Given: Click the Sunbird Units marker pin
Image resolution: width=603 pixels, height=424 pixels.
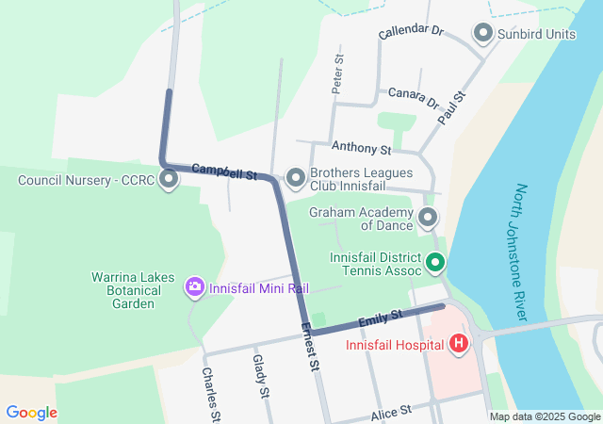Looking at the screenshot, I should point(483,34).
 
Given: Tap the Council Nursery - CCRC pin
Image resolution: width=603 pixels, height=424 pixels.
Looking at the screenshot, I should point(170,178).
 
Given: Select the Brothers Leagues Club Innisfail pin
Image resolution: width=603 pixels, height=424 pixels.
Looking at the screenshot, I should point(295,177).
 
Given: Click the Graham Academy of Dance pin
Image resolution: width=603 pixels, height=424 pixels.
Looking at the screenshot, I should point(428,219).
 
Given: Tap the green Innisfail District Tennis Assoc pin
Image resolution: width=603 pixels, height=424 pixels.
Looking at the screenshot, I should point(435,263).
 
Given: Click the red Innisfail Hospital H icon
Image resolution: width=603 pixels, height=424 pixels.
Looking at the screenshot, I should point(459,344).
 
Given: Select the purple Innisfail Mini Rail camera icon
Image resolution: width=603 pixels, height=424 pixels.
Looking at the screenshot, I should point(195,286).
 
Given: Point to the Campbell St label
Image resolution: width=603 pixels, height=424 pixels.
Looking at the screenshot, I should point(225,171).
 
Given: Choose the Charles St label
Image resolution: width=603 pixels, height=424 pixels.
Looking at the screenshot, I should point(210,394).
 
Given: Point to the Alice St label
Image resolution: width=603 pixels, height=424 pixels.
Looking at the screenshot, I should point(392,412).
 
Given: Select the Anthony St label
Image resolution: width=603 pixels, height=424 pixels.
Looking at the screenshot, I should point(361,148).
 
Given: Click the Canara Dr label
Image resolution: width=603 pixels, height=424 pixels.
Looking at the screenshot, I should point(414,97).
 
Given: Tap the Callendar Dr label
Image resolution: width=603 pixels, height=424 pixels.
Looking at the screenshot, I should point(410,32).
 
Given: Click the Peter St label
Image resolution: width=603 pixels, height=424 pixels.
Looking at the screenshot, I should point(338,73).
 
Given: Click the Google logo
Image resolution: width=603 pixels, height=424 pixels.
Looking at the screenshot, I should point(32,413).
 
